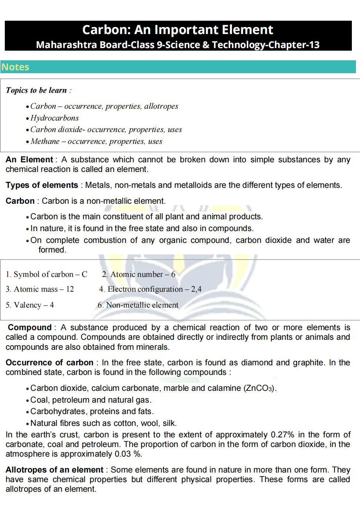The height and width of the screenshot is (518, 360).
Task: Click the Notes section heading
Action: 15,67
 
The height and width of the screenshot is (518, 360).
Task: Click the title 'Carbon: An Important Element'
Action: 178,30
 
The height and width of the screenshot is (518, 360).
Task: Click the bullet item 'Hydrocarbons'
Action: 54,118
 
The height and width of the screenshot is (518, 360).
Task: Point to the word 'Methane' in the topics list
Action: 45,141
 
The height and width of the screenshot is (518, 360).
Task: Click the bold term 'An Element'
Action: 30,160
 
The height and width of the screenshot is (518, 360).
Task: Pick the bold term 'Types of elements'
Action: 42,185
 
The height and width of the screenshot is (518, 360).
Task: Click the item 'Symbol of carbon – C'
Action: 47,274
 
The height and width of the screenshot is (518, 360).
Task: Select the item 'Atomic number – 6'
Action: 139,274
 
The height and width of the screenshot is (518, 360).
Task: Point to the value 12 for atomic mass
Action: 70,289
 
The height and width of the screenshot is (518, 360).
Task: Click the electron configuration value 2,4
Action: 196,289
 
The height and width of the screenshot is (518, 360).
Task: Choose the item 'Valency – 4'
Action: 30,305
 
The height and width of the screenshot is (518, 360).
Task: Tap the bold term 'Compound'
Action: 30,328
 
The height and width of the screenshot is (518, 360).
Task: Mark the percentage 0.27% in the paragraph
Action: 282,435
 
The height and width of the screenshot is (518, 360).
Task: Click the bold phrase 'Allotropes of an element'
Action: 54,470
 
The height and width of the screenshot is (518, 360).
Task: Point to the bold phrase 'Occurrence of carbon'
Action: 50,363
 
